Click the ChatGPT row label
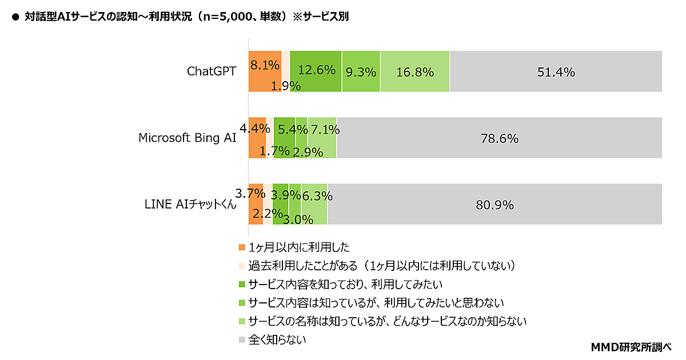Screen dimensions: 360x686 (x=212, y=71)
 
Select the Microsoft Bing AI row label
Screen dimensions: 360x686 (x=188, y=138)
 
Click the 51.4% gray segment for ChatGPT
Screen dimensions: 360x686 (x=556, y=71)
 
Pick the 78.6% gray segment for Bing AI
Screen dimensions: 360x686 (x=499, y=138)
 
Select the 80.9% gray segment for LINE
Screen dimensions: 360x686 (x=494, y=205)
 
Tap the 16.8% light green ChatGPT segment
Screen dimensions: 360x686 (x=414, y=71)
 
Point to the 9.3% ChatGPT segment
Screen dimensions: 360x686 (x=361, y=71)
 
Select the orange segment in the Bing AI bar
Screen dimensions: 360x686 (x=257, y=146)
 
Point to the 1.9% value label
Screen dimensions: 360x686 (x=286, y=86)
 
